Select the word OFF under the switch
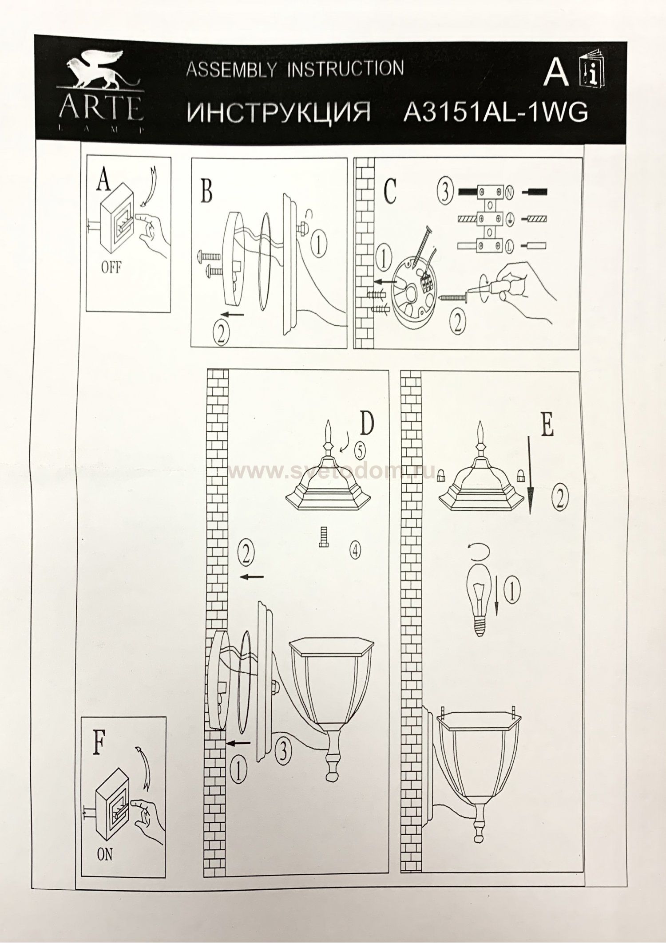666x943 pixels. [x=111, y=269]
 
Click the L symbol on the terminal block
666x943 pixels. [x=509, y=245]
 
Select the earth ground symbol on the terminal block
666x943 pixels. [x=509, y=219]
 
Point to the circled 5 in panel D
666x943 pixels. [x=359, y=451]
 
